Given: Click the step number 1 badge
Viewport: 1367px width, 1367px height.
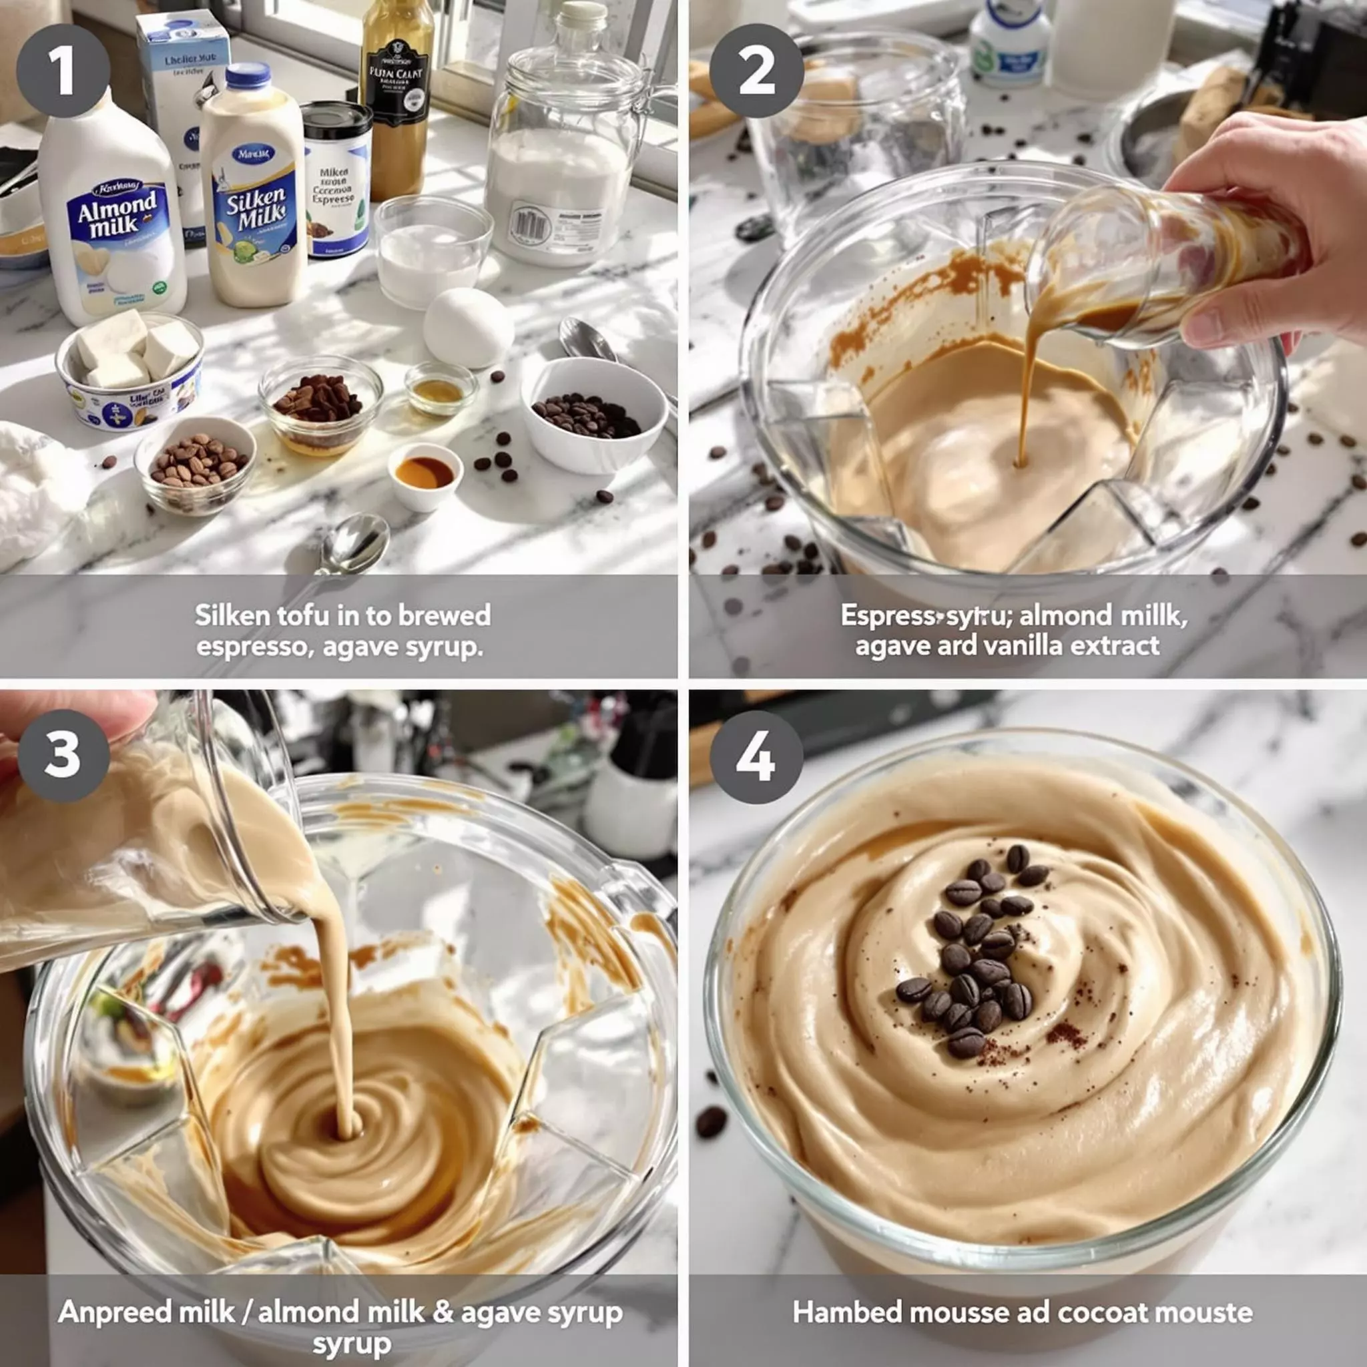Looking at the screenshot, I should (63, 70).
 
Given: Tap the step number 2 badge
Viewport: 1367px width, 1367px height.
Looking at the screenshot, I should (756, 70).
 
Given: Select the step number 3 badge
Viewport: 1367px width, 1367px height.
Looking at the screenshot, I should (63, 755).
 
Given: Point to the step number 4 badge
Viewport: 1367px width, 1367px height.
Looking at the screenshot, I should (756, 756).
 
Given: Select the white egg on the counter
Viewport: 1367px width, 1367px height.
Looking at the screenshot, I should (468, 328).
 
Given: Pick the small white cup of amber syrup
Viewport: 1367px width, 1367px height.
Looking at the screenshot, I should (425, 475).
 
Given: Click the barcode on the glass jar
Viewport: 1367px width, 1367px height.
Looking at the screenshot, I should (530, 222).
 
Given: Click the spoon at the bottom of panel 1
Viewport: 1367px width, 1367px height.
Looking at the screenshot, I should (354, 545).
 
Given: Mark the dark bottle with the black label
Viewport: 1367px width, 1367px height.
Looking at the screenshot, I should (397, 99).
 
